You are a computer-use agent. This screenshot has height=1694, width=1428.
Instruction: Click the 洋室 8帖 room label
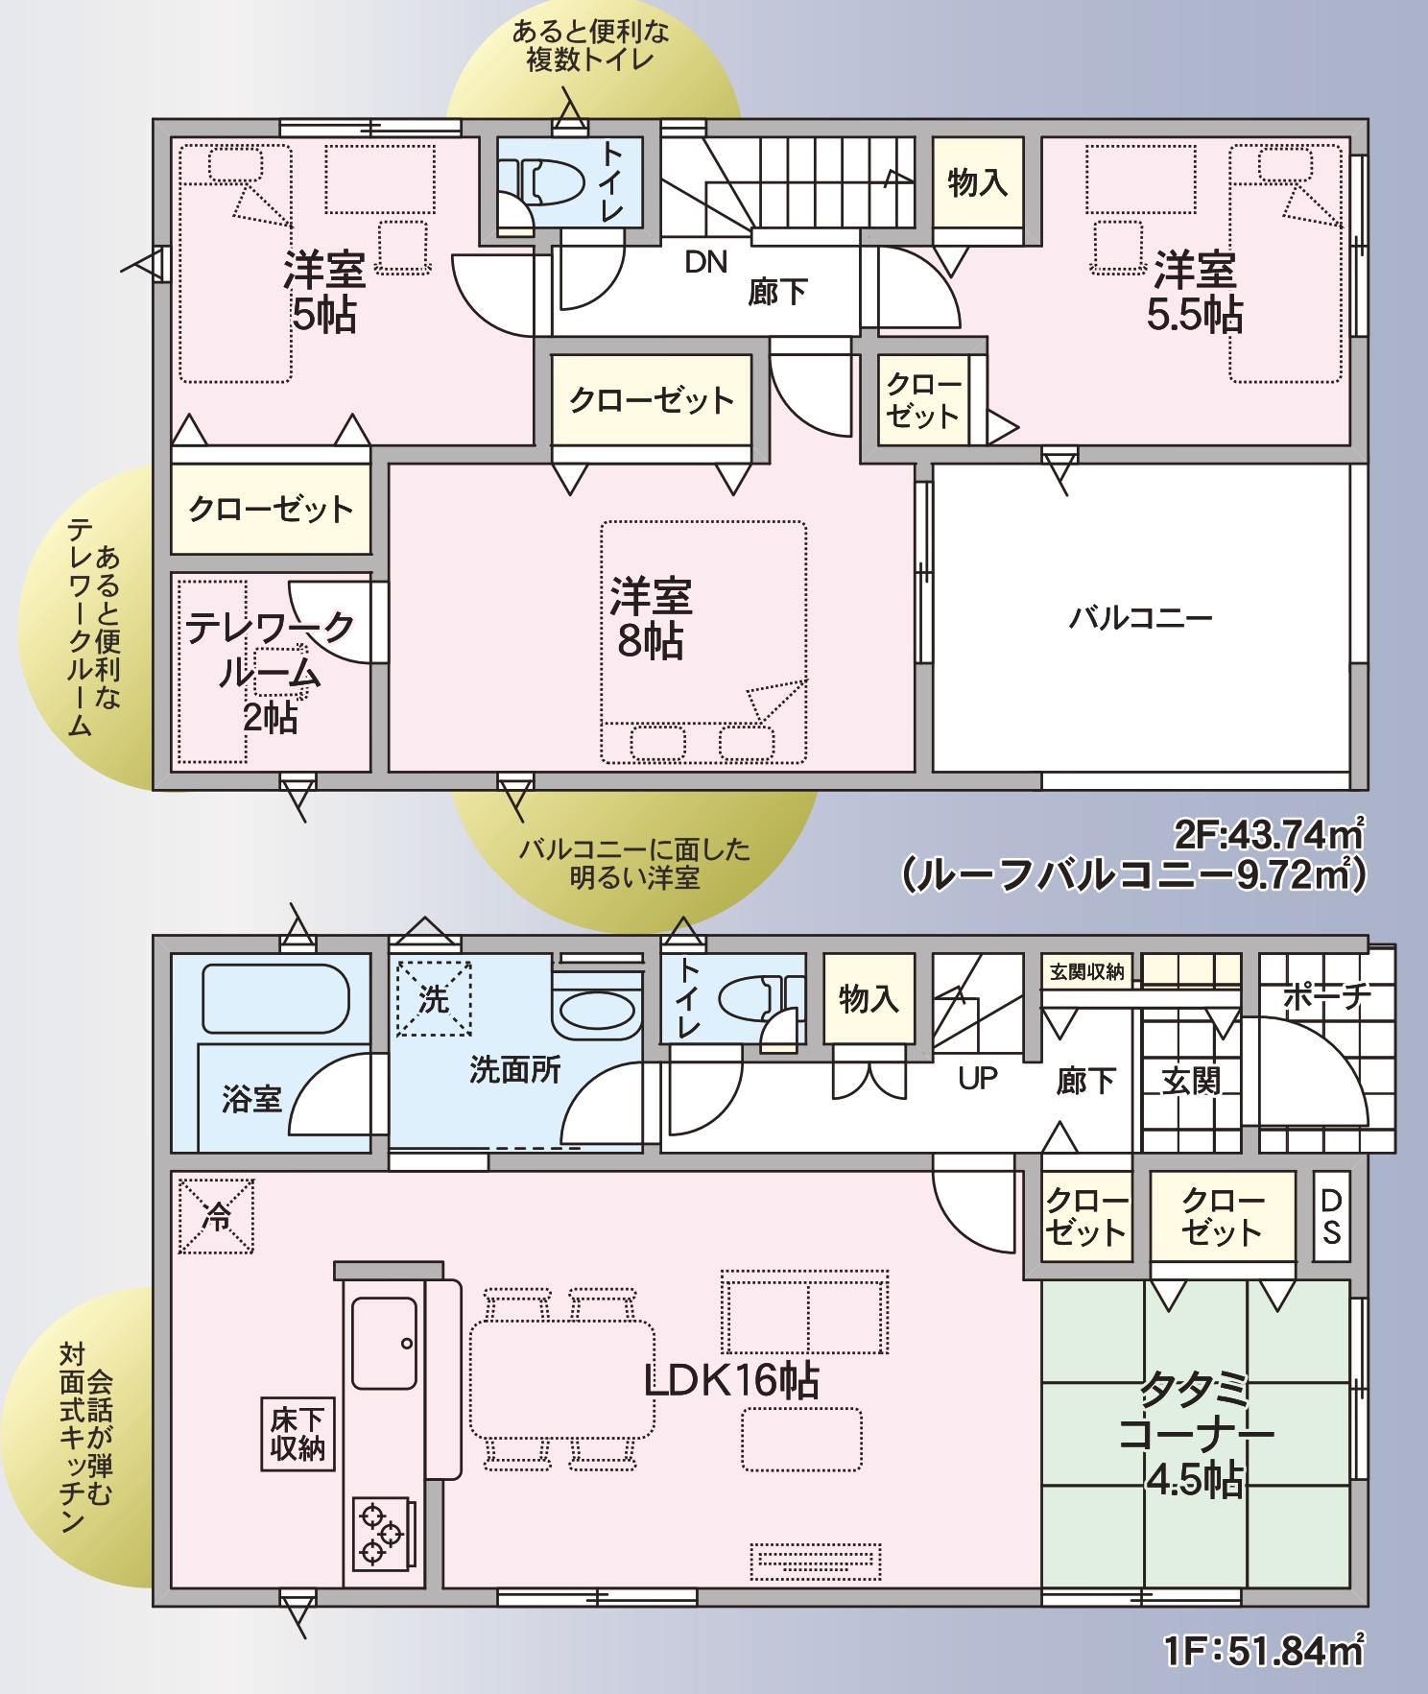pyautogui.click(x=651, y=618)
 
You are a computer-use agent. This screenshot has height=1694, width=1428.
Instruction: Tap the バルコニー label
pyautogui.click(x=1141, y=617)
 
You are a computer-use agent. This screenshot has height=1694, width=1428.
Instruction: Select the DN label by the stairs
pyautogui.click(x=706, y=262)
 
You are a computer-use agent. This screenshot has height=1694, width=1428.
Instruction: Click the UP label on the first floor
pyautogui.click(x=978, y=1078)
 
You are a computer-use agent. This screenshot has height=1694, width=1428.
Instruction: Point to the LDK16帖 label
pyautogui.click(x=731, y=1380)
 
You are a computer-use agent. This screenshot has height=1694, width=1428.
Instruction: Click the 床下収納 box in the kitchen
pyautogui.click(x=298, y=1434)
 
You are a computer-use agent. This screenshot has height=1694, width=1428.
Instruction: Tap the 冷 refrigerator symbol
pyautogui.click(x=217, y=1216)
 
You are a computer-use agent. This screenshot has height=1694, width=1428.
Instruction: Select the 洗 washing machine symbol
pyautogui.click(x=434, y=999)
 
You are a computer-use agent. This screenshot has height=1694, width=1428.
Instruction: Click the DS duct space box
pyautogui.click(x=1332, y=1215)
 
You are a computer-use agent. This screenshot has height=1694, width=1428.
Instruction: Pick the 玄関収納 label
pyautogui.click(x=1087, y=972)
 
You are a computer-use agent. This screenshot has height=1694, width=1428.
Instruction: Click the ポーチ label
pyautogui.click(x=1327, y=997)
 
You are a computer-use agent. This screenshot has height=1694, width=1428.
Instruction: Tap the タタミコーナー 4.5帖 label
pyautogui.click(x=1196, y=1434)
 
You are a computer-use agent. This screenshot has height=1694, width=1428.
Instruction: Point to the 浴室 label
pyautogui.click(x=251, y=1098)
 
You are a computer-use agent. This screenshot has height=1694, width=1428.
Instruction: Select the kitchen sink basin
pyautogui.click(x=384, y=1343)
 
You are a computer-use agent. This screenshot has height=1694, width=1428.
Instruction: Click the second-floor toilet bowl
pyautogui.click(x=548, y=181)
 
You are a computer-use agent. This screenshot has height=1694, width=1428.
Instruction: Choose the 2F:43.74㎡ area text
pyautogui.click(x=1269, y=833)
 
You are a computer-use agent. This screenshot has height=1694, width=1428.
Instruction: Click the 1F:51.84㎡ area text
pyautogui.click(x=1265, y=1651)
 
